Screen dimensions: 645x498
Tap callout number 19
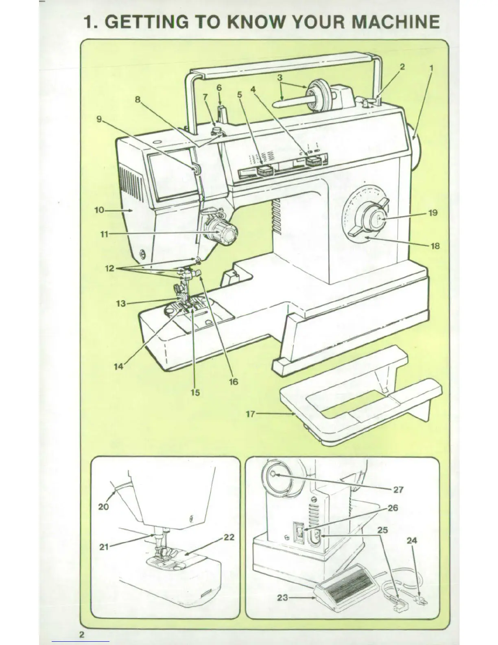coord(433,213)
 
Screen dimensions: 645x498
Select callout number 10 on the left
coord(99,211)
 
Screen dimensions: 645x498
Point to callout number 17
coord(250,414)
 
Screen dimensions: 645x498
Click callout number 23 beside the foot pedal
coord(283,598)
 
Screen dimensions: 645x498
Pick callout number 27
coord(398,489)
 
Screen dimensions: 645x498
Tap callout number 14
coord(118,366)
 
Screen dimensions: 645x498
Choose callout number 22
coord(229,537)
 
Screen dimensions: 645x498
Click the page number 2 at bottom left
coord(82,635)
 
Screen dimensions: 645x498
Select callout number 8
coord(138,99)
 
